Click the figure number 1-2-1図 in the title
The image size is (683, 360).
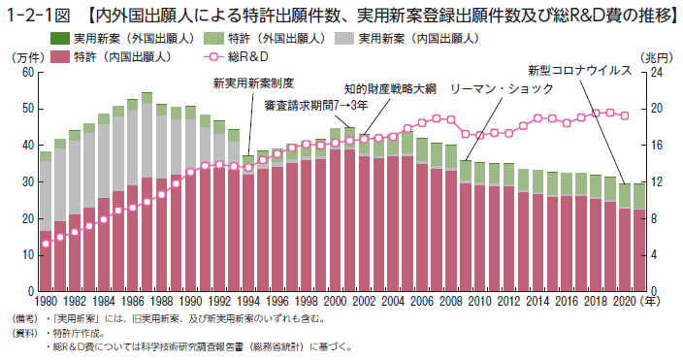(38, 16)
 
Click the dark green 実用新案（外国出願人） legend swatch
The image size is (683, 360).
(60, 39)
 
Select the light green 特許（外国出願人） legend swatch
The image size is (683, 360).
(213, 39)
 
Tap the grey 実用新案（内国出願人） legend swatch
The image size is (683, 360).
(344, 39)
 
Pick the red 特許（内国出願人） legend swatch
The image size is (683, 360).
(60, 56)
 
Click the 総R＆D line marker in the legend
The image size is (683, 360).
(213, 56)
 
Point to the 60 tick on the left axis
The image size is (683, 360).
(28, 72)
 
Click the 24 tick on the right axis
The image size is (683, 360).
(657, 72)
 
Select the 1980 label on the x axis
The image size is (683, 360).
(46, 301)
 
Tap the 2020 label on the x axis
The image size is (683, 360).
(625, 301)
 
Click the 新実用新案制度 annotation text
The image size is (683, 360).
(253, 82)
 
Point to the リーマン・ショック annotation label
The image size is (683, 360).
(502, 89)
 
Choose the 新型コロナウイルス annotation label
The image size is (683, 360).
(580, 70)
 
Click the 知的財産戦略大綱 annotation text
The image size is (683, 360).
(390, 89)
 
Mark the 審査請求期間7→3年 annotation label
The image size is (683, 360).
(316, 106)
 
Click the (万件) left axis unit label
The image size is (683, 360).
(27, 57)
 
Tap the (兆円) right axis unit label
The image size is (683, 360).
(654, 57)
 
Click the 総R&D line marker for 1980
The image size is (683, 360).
(46, 244)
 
